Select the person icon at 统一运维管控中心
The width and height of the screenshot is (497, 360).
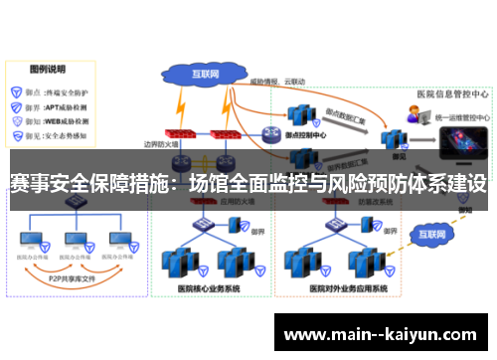click(x=412, y=117)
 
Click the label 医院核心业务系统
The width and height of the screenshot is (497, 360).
click(x=208, y=289)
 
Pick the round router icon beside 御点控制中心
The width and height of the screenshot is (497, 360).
click(x=271, y=135)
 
